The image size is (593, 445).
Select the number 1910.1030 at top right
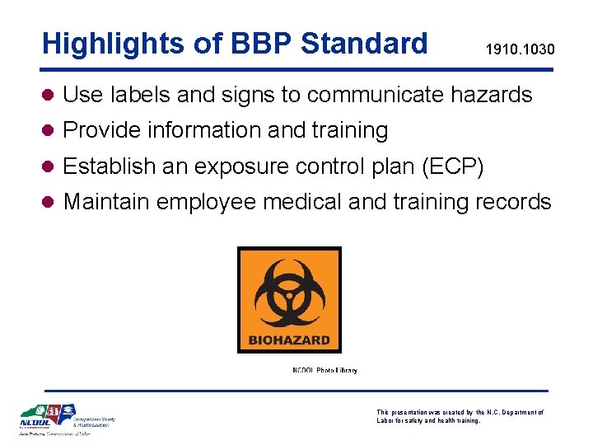(x=520, y=50)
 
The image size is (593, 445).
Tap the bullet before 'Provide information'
(x=49, y=131)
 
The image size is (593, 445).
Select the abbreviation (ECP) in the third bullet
(x=455, y=166)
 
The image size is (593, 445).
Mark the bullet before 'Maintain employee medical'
(x=49, y=202)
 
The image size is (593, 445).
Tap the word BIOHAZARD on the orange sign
(x=288, y=339)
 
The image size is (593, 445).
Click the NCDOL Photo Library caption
(x=325, y=370)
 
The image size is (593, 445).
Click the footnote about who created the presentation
(x=460, y=416)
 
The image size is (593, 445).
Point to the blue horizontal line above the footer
(x=296, y=391)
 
